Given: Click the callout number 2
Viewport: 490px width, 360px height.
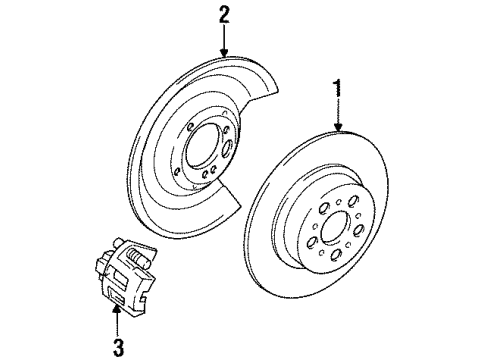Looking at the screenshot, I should (223, 13).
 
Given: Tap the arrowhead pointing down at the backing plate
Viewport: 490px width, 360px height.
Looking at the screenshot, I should (223, 54).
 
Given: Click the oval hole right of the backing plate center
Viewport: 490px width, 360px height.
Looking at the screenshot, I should (227, 151).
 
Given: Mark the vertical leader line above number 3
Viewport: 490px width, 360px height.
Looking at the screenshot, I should (116, 326).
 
